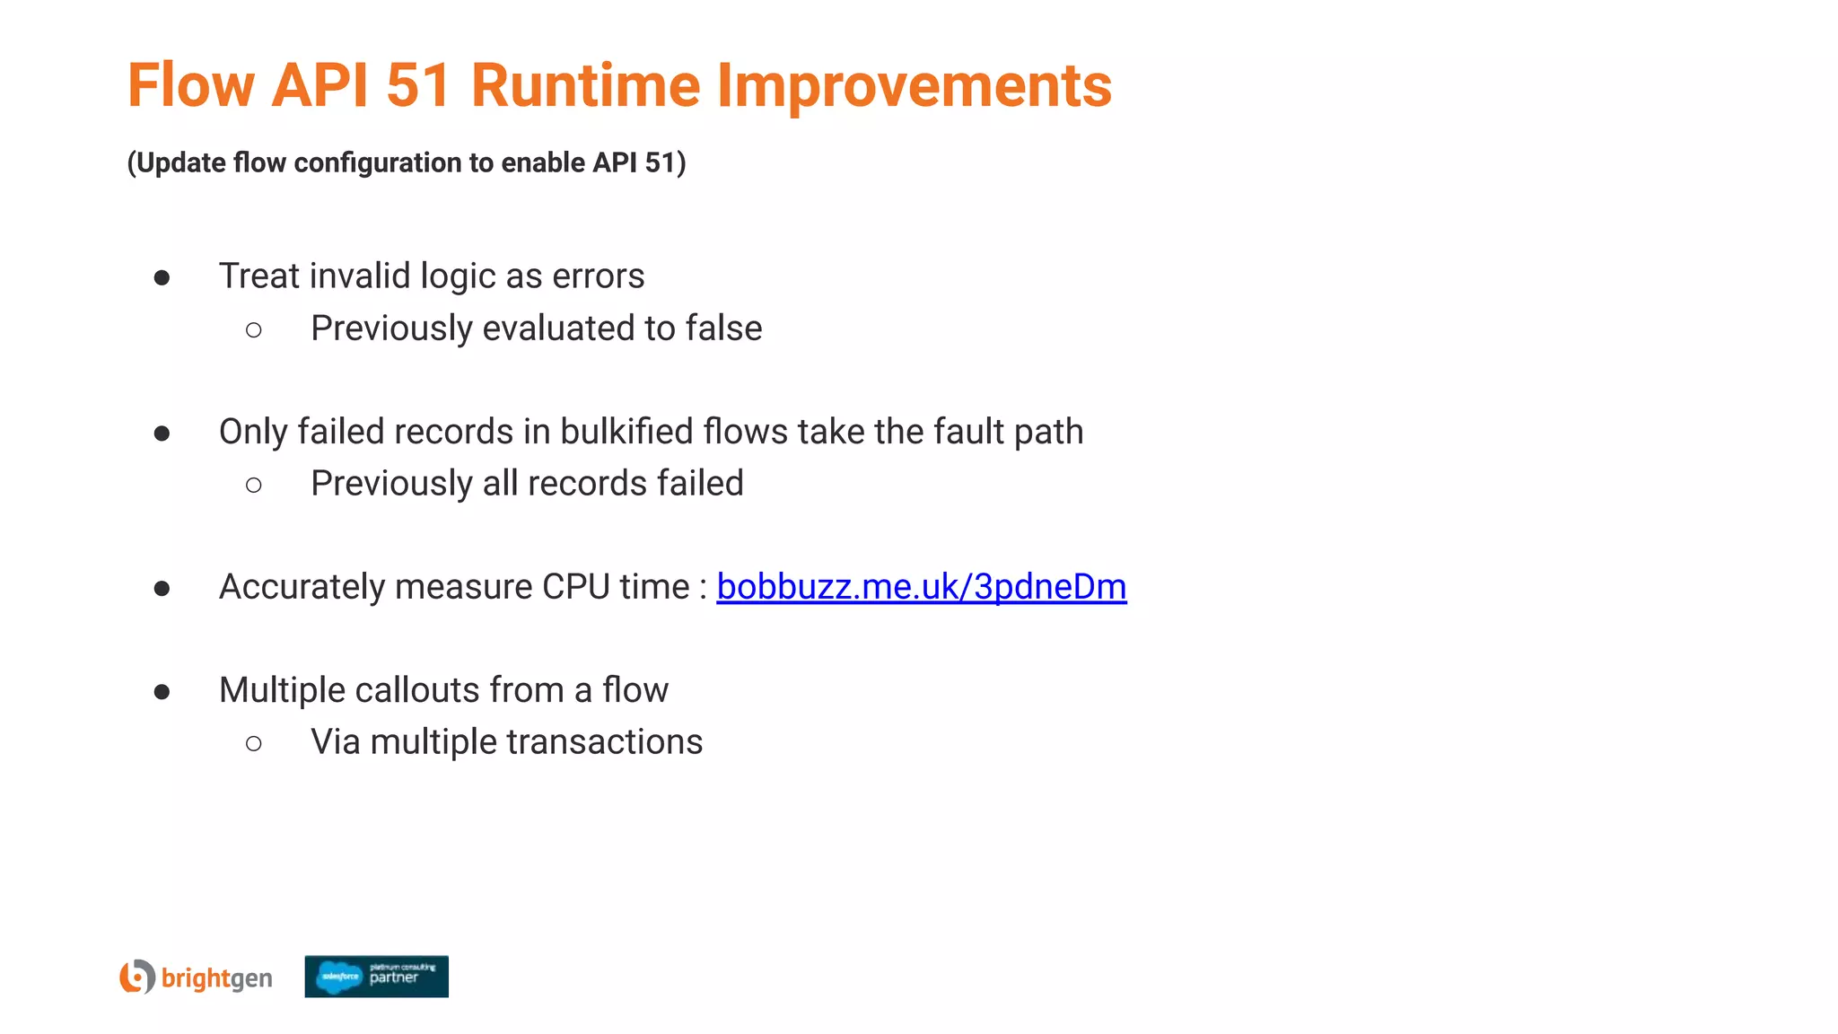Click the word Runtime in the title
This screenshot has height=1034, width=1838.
(x=585, y=86)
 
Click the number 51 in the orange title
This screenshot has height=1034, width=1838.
(x=418, y=86)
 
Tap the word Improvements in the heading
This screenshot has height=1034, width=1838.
(x=914, y=86)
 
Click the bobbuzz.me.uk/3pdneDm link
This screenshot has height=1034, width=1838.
(x=921, y=587)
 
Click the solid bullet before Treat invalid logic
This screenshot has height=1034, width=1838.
(x=162, y=277)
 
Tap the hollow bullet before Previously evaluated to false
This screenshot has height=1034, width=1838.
(x=254, y=330)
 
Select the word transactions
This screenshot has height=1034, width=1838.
(x=605, y=742)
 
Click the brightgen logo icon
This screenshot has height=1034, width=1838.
(x=137, y=977)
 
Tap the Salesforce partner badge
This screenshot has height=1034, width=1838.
(x=376, y=977)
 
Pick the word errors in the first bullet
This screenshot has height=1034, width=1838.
(x=598, y=276)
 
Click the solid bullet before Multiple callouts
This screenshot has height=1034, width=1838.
(x=162, y=691)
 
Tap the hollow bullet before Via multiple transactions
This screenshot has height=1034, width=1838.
(x=254, y=743)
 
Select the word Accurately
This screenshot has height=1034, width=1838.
(x=302, y=587)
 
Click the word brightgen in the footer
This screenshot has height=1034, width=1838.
(x=216, y=978)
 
